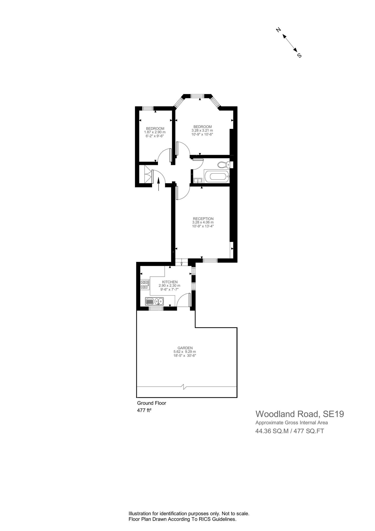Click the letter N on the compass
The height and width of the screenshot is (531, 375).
point(278,30)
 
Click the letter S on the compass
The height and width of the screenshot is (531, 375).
point(299,55)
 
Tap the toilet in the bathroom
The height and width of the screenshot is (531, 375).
point(223,164)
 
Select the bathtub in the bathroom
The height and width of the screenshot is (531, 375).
point(217,177)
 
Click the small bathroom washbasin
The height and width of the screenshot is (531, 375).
point(198,180)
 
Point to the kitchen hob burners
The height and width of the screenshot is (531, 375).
point(145,284)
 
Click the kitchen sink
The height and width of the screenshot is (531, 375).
point(155,301)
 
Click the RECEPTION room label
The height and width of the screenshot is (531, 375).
point(203,219)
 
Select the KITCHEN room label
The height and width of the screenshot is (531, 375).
point(170,282)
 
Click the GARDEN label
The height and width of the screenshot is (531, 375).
point(185,348)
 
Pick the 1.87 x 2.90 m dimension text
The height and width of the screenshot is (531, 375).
point(155,132)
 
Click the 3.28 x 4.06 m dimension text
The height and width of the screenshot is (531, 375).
point(203,222)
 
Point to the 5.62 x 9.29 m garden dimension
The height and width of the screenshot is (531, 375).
point(185,352)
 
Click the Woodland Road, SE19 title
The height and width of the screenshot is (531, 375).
point(300,414)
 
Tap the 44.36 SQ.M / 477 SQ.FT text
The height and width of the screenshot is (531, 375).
point(290,431)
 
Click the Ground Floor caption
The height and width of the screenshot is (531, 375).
point(152,403)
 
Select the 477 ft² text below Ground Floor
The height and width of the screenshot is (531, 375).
point(144,410)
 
